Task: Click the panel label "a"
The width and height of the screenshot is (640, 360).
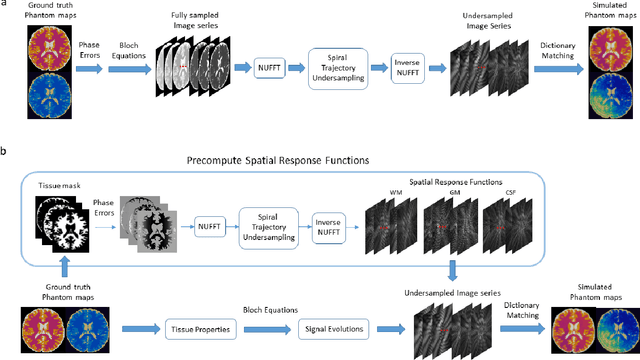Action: (5, 5)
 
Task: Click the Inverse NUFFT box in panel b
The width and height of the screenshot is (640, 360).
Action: (330, 225)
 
